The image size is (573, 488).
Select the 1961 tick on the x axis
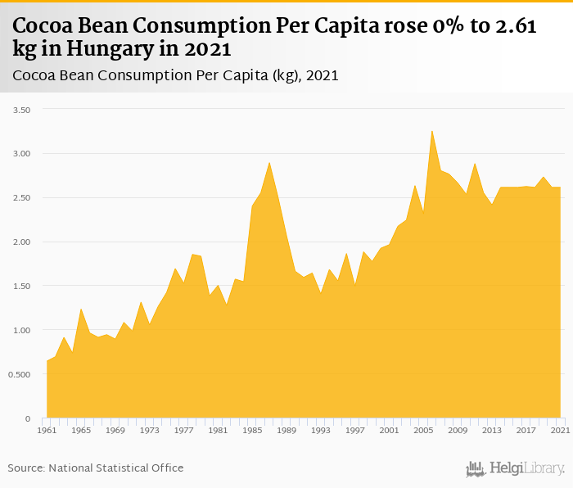[x=47, y=429]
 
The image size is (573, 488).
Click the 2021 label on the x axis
[x=561, y=429]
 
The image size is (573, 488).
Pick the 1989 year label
[x=286, y=429]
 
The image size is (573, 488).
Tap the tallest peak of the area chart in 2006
[x=432, y=131]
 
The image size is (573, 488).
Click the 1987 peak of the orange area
[x=269, y=162]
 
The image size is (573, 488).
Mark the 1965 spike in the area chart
[x=81, y=309]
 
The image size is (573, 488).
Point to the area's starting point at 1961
[x=47, y=361]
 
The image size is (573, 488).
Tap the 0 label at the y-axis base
[x=27, y=419]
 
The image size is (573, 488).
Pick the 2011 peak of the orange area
[x=475, y=163]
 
